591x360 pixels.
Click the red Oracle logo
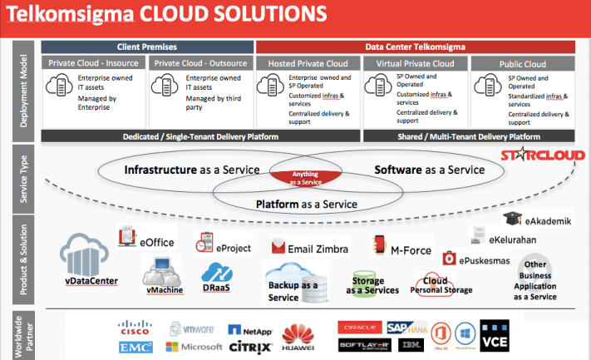(358, 327)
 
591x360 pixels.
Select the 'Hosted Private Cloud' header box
(308, 63)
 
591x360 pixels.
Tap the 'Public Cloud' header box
(522, 63)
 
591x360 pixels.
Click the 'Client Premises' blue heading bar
(148, 47)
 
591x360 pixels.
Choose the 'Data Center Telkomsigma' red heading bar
(413, 47)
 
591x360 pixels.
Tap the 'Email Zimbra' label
(312, 248)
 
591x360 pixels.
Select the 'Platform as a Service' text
(306, 204)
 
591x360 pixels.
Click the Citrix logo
(246, 347)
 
